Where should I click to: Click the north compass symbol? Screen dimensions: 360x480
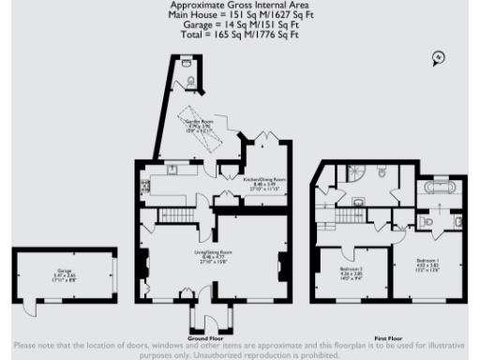tap(437, 58)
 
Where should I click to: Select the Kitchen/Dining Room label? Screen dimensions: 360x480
tap(264, 182)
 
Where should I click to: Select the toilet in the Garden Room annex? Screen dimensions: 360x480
tap(192, 82)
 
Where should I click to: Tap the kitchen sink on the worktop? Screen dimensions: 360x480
tap(172, 171)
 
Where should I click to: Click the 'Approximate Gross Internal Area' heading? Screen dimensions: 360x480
tap(240, 6)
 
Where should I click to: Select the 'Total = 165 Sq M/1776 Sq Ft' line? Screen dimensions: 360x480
tap(240, 35)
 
